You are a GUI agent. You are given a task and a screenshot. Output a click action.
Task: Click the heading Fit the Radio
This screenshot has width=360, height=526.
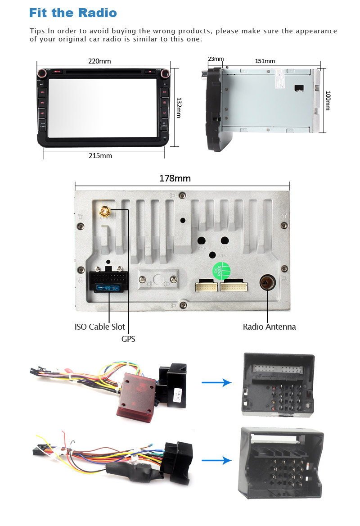(x=73, y=13)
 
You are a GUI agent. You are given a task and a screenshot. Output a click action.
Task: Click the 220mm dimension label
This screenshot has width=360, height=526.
(x=99, y=61)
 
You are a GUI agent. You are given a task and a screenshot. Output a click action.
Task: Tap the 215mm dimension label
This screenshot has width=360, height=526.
(x=100, y=156)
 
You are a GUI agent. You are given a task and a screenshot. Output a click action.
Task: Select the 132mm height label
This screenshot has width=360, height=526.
(x=179, y=108)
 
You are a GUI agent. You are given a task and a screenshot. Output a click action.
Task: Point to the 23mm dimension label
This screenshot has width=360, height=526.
(x=216, y=59)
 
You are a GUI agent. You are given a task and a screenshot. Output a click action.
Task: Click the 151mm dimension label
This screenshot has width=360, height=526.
(x=265, y=61)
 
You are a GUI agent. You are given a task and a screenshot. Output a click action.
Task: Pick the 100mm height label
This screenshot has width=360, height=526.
(x=328, y=101)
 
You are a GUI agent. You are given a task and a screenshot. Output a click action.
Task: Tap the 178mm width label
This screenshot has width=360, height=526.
(x=175, y=178)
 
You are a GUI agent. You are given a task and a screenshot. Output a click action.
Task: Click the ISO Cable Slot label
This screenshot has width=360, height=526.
(x=100, y=326)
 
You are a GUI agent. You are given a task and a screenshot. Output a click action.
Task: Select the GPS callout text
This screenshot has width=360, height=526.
(x=128, y=339)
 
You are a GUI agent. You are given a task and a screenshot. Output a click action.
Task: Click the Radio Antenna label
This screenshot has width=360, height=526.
(x=269, y=327)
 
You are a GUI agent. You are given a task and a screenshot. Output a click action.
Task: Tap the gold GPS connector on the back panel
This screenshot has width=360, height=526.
(x=104, y=211)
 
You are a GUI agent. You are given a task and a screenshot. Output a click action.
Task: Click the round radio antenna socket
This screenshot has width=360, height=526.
(x=267, y=283)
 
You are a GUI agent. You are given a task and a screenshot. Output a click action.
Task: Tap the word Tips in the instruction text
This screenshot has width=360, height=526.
(x=38, y=31)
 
